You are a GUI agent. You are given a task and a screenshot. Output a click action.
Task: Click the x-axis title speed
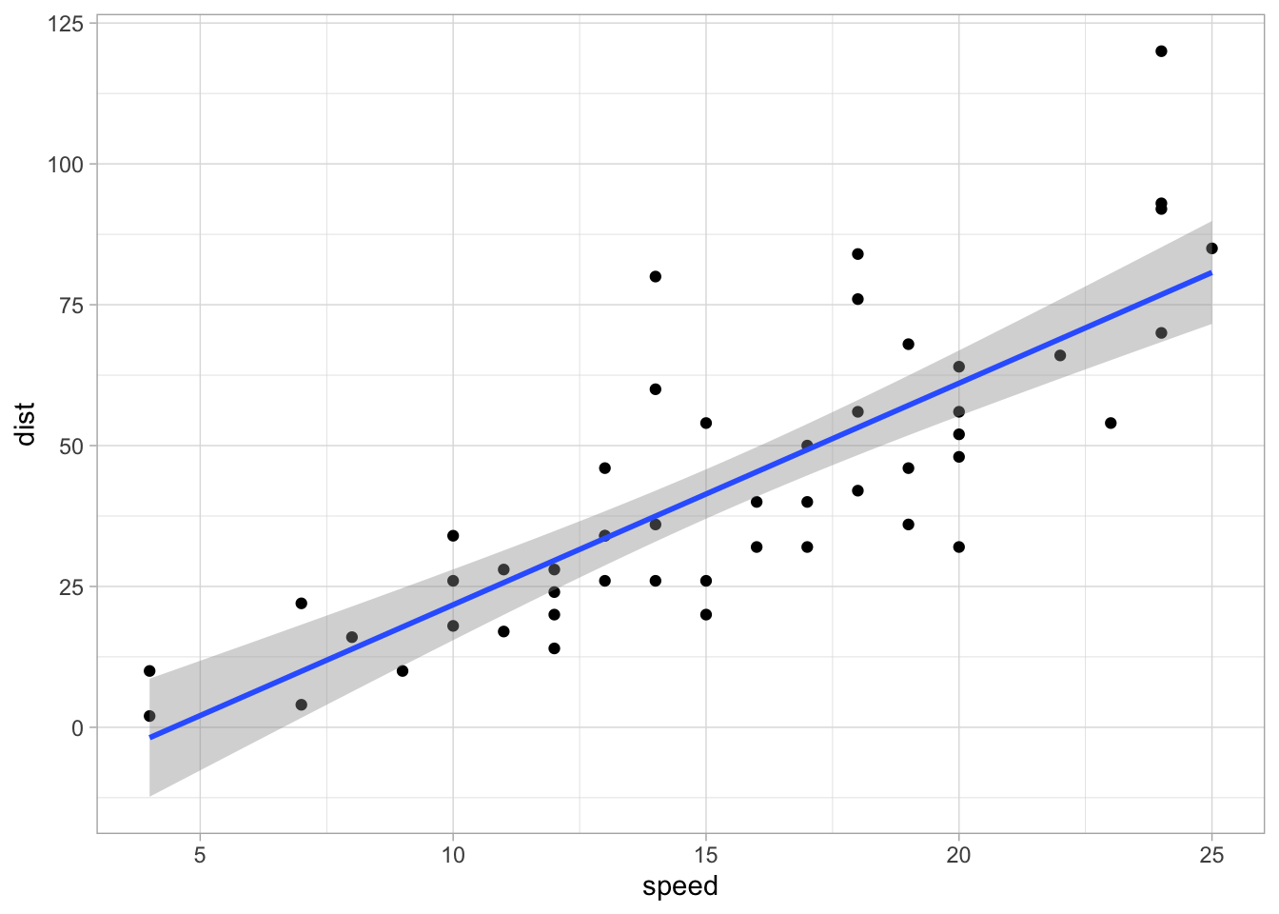click(679, 886)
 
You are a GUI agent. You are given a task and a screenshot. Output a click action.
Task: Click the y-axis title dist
click(26, 424)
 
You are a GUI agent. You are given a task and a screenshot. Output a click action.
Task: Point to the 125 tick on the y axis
click(66, 23)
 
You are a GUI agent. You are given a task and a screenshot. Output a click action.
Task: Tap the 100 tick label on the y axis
click(66, 164)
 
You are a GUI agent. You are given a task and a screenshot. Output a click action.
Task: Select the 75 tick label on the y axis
click(71, 305)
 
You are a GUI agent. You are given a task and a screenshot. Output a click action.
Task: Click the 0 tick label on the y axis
click(77, 727)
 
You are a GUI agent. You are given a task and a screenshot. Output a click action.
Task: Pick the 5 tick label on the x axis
click(200, 854)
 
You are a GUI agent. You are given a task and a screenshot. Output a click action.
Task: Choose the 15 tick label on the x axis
click(705, 854)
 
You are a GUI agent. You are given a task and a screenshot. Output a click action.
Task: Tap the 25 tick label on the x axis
click(1211, 854)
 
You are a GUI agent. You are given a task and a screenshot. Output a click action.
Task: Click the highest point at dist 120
click(1161, 51)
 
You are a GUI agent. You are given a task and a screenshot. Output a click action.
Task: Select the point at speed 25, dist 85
click(1211, 248)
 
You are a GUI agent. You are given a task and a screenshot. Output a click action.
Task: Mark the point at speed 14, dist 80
click(655, 276)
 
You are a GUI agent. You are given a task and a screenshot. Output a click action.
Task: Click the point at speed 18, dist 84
click(857, 254)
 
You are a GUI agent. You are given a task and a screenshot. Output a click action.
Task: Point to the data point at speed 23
click(1111, 423)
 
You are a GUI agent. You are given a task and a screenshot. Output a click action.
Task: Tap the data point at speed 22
click(1060, 355)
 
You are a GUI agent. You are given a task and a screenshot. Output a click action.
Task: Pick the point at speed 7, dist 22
click(301, 604)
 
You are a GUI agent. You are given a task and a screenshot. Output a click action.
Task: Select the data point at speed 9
click(403, 671)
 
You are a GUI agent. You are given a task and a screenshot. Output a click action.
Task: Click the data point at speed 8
click(352, 637)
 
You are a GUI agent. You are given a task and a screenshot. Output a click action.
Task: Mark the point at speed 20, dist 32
click(958, 546)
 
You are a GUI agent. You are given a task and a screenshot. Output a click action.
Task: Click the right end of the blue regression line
click(1210, 273)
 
